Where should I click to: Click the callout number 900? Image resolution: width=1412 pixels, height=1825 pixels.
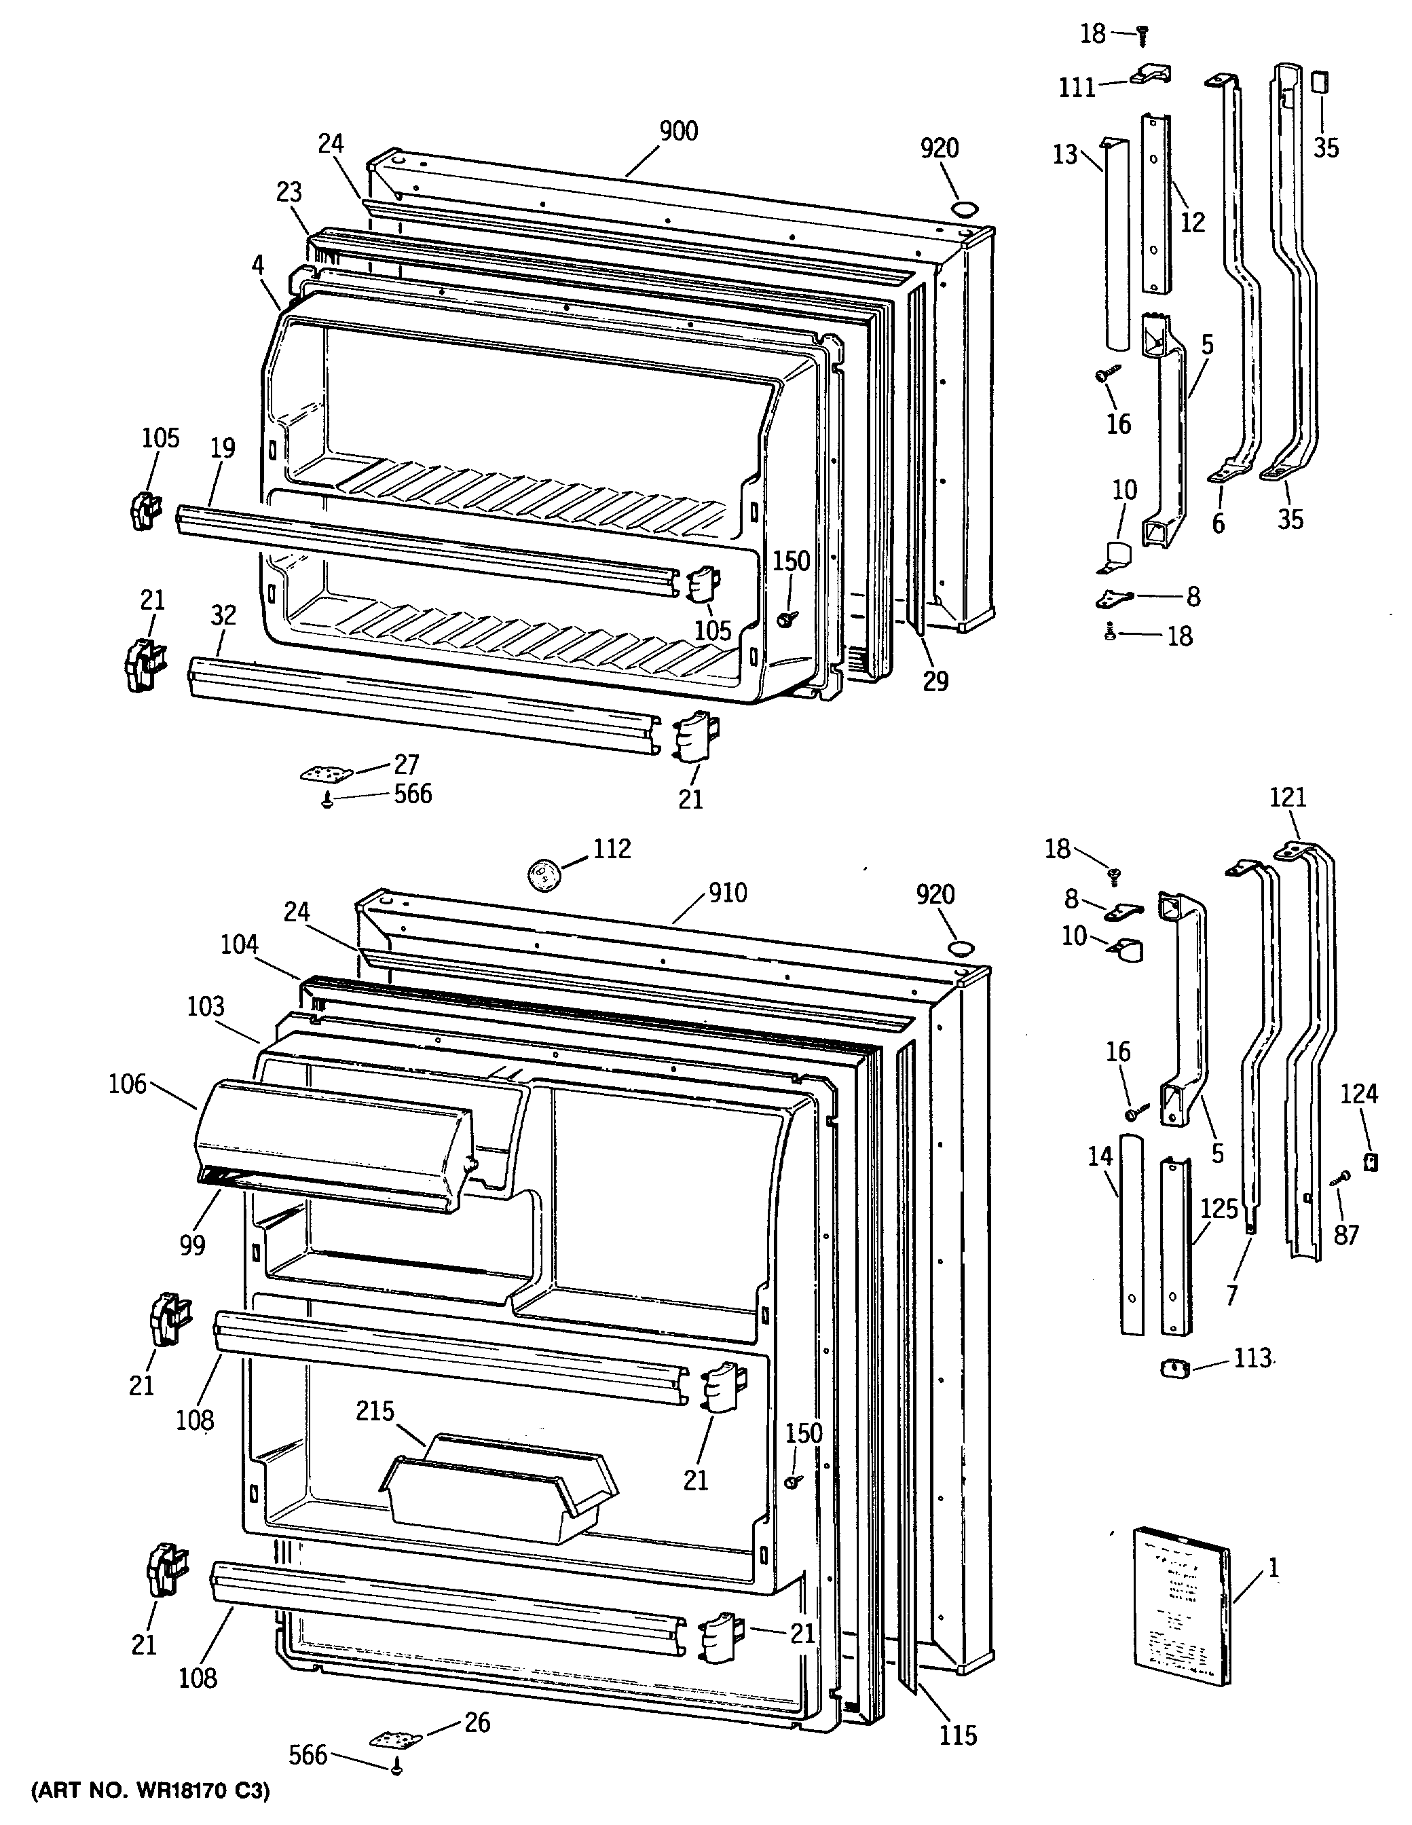(x=677, y=131)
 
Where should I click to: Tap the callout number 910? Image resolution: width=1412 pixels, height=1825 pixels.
(x=728, y=893)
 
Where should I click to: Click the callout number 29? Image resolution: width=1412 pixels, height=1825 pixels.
(x=935, y=681)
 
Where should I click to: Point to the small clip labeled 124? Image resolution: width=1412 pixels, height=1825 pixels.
(x=1369, y=1162)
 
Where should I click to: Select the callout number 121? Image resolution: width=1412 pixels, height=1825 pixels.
(x=1288, y=797)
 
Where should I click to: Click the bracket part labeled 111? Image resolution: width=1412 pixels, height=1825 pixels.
(x=1151, y=75)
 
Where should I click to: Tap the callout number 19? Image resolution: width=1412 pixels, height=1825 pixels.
(x=222, y=448)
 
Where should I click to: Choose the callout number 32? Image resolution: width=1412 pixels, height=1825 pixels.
(x=223, y=616)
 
